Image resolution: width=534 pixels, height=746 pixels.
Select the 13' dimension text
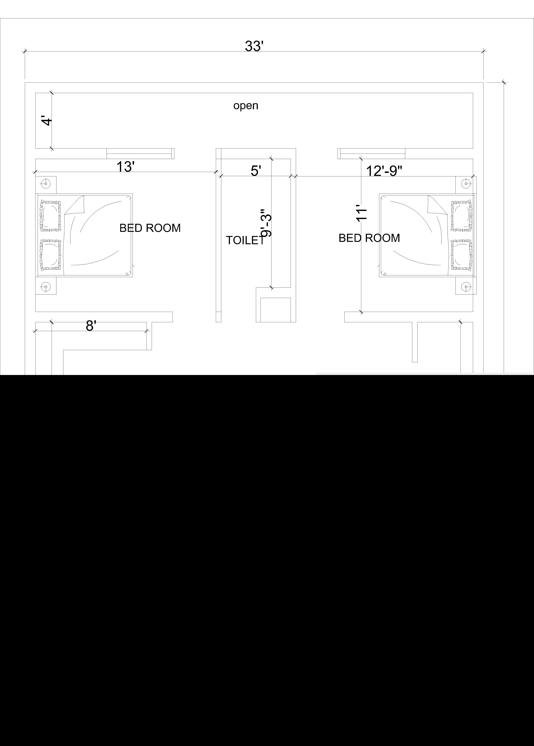click(x=126, y=167)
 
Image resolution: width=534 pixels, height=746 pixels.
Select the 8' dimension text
click(x=91, y=326)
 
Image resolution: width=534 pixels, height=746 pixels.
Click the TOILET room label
click(x=245, y=240)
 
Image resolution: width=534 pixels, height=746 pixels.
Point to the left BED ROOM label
click(x=150, y=228)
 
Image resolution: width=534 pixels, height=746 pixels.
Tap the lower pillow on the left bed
click(x=50, y=255)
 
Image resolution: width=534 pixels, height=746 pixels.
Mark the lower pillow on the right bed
click(x=461, y=255)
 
